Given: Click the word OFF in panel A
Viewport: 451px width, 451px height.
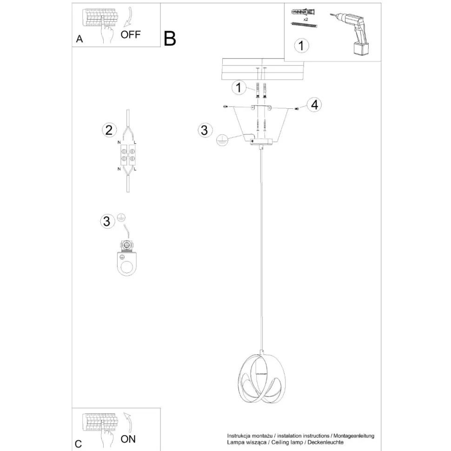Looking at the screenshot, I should [x=130, y=34].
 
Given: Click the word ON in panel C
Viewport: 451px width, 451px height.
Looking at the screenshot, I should [x=128, y=438].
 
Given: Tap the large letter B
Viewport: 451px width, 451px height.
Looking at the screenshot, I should [x=170, y=39].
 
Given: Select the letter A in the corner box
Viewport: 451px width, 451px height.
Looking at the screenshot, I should [x=80, y=40].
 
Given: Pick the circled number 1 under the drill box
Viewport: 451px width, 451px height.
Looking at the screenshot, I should [x=302, y=46].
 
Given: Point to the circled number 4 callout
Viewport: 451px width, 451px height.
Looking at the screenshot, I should [x=314, y=105].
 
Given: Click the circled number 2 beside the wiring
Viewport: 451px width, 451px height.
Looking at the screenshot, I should [x=108, y=130].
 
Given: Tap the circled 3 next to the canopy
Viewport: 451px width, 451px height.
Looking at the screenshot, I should [x=203, y=130].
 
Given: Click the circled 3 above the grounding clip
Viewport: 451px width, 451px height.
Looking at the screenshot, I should [x=107, y=221].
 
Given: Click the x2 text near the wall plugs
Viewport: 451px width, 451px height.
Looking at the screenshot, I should [x=306, y=20].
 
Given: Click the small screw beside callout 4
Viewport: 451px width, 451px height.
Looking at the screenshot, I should [x=297, y=108].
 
